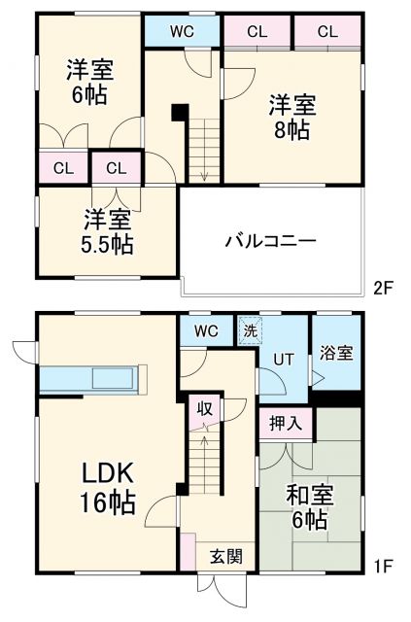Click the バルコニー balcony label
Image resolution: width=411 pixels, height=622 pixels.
point(271,240)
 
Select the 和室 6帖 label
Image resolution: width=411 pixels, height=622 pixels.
point(310,506)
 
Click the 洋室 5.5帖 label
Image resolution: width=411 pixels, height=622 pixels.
point(107,231)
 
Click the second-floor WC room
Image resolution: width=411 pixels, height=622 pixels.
point(182,31)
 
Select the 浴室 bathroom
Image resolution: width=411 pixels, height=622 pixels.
point(332,354)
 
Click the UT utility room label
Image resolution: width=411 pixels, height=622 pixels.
point(283,360)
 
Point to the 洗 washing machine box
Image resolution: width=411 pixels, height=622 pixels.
point(250,330)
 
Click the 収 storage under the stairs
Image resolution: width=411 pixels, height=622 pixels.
point(205,408)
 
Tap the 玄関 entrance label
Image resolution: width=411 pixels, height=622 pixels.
point(225,557)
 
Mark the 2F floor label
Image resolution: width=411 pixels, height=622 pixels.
point(384,288)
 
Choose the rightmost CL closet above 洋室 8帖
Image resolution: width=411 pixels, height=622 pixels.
point(327,31)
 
